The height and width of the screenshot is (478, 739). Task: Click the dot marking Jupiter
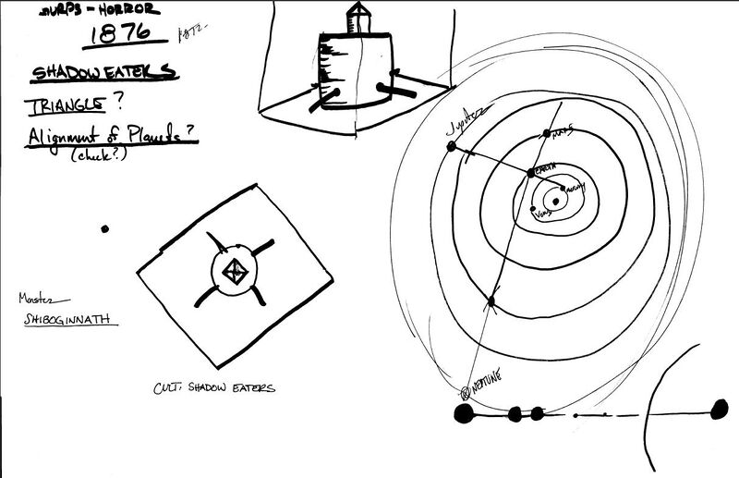452,146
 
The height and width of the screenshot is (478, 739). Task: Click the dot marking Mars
546,131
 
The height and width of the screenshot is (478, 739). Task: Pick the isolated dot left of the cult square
104,228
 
